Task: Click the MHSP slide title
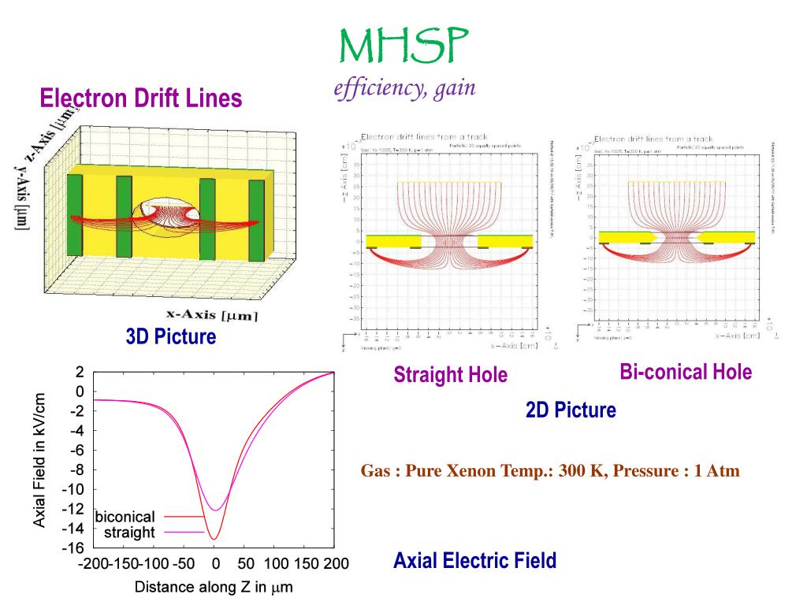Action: [x=403, y=46]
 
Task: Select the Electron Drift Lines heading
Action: [x=141, y=98]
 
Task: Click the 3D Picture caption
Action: [x=170, y=337]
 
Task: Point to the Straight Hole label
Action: [x=451, y=375]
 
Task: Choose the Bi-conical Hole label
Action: [x=686, y=372]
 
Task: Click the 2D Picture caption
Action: [x=571, y=410]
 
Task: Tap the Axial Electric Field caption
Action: [x=474, y=561]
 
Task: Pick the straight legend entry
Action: [x=129, y=533]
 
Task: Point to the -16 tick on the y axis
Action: [x=74, y=547]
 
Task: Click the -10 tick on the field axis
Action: [x=74, y=489]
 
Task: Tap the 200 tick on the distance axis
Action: [x=334, y=564]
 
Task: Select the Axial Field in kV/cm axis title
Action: [x=40, y=460]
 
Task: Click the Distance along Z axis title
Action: [x=214, y=588]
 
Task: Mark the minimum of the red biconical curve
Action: [x=214, y=539]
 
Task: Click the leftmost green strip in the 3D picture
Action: [x=75, y=214]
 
